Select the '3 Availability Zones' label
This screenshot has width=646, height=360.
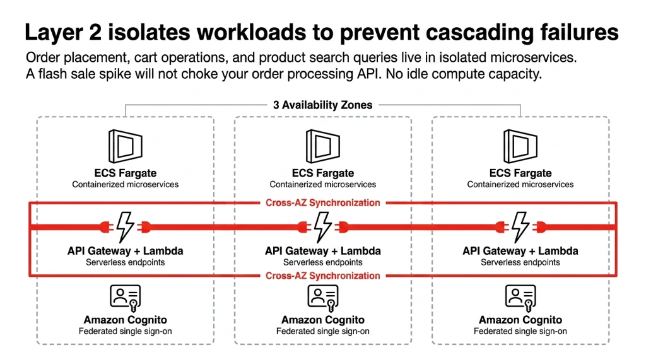pos(322,105)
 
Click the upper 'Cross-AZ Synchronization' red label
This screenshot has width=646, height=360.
pos(322,203)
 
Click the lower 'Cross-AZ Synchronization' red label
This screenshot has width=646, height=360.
pos(322,276)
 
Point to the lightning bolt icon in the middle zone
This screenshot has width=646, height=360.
pos(322,226)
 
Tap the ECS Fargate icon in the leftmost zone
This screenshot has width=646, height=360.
pos(125,147)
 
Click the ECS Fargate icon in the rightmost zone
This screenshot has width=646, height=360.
pos(520,147)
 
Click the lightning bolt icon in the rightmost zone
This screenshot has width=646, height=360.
pos(520,226)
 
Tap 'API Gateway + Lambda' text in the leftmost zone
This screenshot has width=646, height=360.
pos(125,251)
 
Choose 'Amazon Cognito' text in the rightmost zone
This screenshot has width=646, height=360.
pos(520,320)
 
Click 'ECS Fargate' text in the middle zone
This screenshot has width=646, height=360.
pos(322,173)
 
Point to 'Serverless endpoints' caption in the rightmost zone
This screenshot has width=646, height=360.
pos(520,262)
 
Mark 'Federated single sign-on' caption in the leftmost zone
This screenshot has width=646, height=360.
pos(125,332)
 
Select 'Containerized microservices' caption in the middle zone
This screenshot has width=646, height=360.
pos(322,185)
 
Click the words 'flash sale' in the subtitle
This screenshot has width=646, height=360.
pos(64,74)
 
